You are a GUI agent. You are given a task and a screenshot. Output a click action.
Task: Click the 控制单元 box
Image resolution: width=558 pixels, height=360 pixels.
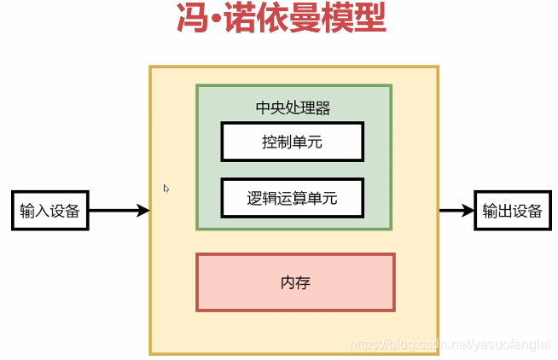292,142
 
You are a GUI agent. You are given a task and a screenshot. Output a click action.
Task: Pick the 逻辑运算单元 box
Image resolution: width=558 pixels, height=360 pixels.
292,198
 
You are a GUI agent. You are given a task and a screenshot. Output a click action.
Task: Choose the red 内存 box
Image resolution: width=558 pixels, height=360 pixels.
295,282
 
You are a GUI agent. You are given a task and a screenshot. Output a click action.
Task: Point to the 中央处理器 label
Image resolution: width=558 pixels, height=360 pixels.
293,108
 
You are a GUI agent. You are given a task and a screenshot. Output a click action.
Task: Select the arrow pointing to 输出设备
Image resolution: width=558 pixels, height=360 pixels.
456,211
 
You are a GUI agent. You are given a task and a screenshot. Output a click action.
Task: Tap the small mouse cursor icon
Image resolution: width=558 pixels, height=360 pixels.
166,189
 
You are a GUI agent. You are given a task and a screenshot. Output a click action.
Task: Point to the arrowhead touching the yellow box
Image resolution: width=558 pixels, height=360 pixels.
143,211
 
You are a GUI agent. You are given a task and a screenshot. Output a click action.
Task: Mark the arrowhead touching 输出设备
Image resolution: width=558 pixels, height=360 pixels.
468,211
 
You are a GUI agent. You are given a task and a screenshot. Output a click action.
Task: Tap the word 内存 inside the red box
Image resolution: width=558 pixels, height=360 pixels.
295,282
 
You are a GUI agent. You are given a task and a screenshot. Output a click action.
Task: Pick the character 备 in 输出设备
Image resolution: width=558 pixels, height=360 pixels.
535,211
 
